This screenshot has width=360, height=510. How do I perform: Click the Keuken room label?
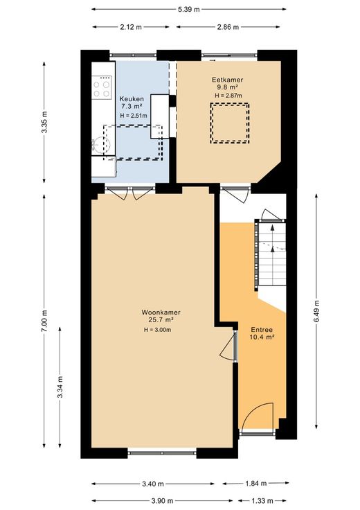tap(132, 98)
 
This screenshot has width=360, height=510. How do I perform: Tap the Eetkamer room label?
tap(228, 80)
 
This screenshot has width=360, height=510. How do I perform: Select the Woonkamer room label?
tap(161, 313)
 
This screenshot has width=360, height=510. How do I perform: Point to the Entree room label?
tap(262, 329)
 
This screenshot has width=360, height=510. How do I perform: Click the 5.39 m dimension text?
tap(189, 10)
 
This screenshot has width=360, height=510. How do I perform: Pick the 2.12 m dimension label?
tap(131, 27)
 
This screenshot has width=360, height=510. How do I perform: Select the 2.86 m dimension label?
tap(228, 27)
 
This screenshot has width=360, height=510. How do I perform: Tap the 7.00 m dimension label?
tap(44, 320)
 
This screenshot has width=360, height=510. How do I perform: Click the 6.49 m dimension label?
tap(316, 311)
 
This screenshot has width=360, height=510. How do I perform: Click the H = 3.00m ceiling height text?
tap(158, 330)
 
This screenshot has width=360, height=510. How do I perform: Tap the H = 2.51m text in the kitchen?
tap(133, 116)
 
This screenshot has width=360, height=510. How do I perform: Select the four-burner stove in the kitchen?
tap(102, 87)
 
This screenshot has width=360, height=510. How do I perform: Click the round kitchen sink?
tap(102, 143)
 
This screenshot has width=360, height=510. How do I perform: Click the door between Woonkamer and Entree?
tap(228, 346)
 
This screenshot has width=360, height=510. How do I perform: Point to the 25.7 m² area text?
tap(161, 319)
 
